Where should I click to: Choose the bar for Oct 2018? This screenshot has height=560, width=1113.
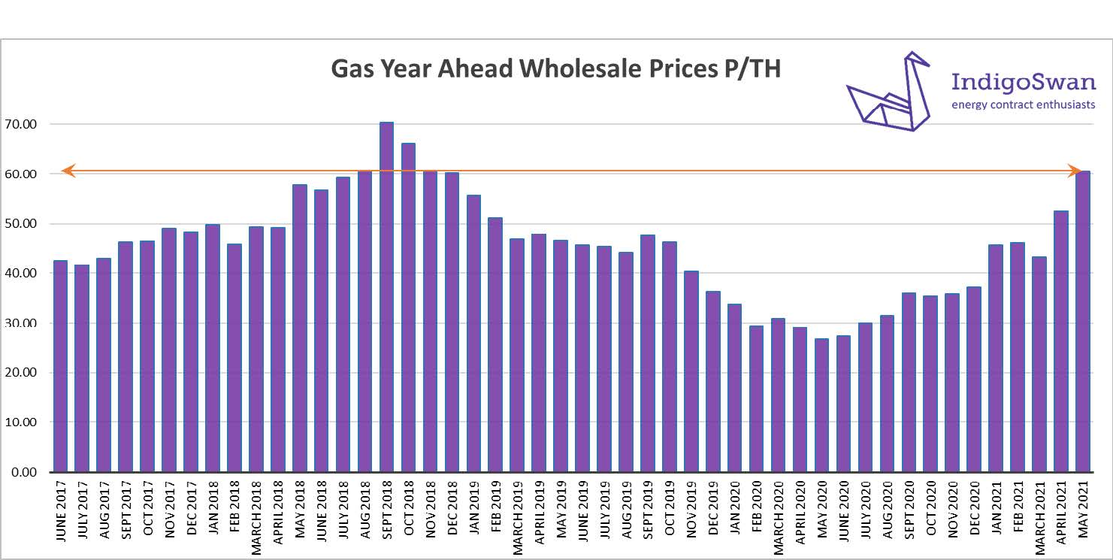tap(408, 307)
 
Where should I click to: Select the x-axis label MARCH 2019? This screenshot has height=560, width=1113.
tap(517, 518)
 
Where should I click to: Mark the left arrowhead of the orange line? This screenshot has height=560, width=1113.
tap(67, 171)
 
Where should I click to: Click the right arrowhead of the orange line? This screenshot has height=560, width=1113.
tap(1075, 171)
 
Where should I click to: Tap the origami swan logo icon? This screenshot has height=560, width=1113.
tap(890, 93)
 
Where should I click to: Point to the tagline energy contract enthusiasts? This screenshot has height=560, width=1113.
tap(1024, 104)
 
